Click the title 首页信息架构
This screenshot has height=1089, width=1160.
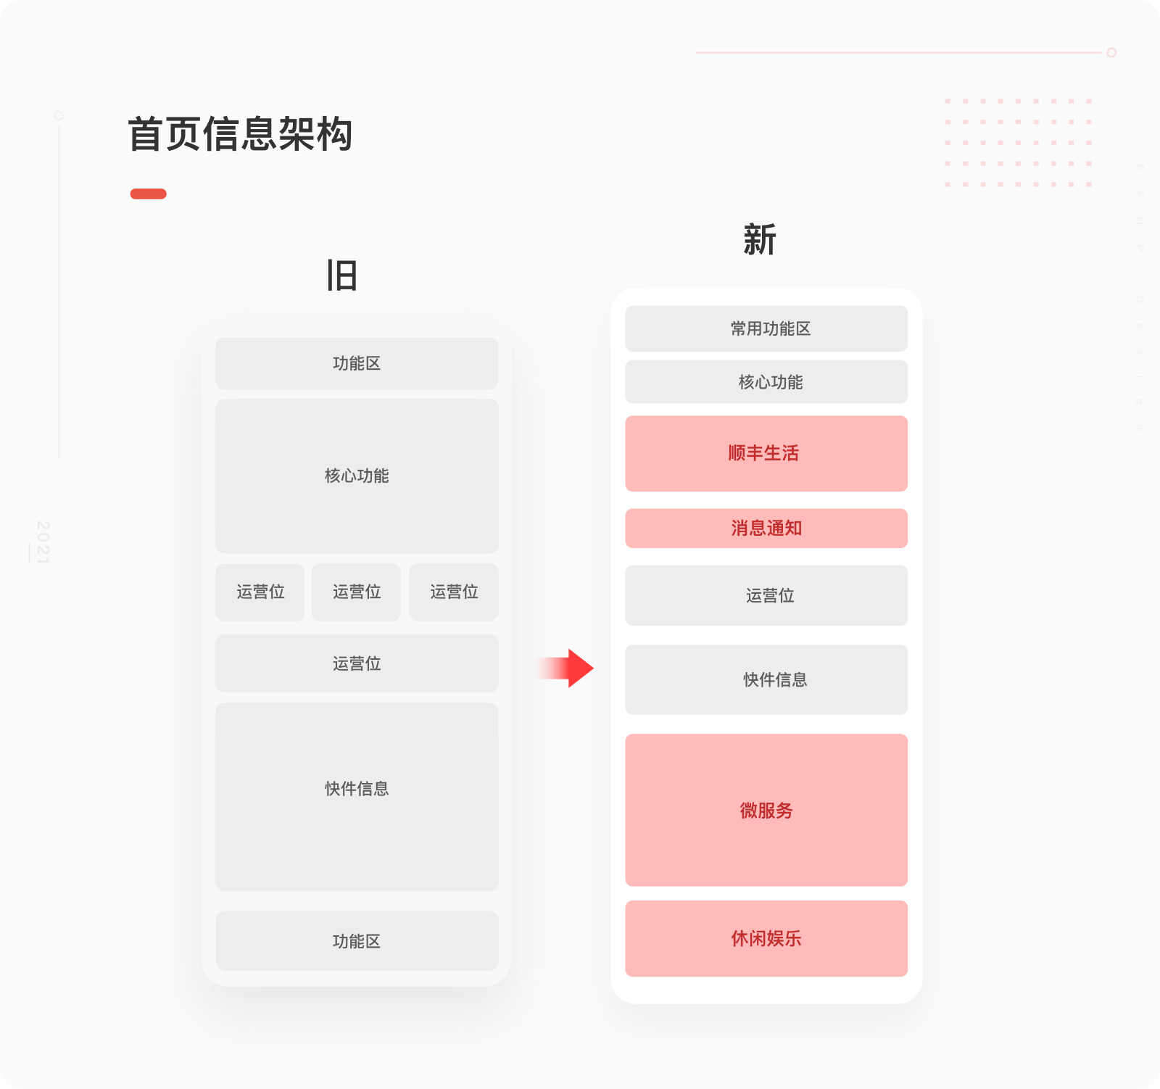point(240,134)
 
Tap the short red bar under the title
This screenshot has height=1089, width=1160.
point(148,194)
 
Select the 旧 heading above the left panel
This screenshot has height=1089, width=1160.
point(341,276)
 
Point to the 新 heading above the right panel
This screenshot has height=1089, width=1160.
point(759,240)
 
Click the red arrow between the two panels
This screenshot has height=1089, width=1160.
point(568,668)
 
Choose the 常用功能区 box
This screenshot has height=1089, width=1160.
point(766,328)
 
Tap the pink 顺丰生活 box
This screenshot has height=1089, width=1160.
point(766,453)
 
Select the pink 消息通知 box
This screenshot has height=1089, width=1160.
point(766,528)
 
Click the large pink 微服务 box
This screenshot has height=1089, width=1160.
point(766,810)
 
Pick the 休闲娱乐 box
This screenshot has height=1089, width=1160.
point(766,938)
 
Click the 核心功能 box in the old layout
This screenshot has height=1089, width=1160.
point(357,476)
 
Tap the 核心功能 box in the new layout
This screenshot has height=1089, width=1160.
point(766,381)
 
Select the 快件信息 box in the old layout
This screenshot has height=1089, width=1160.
point(357,796)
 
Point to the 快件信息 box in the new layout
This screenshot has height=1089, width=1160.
point(766,679)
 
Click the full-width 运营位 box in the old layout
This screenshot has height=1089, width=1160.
point(357,663)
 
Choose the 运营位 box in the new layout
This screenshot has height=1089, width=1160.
point(766,595)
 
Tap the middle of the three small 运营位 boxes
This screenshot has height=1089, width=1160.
point(357,592)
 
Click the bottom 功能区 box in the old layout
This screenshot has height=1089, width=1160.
point(357,940)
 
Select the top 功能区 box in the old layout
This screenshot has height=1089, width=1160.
point(357,363)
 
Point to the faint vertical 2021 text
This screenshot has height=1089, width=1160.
point(43,541)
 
